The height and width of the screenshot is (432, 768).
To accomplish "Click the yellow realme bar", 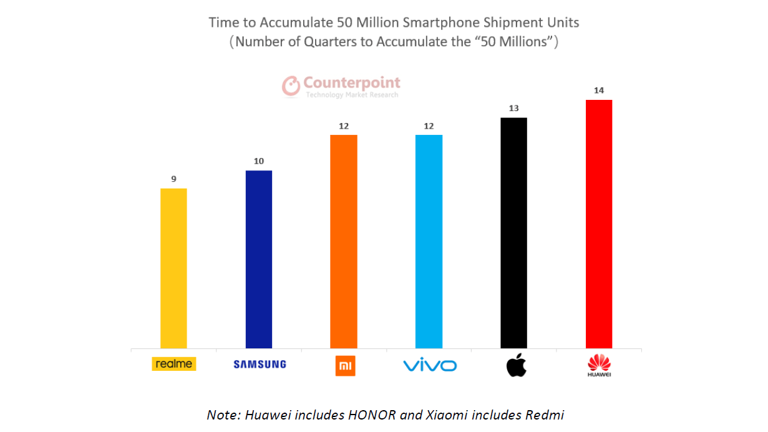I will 173,268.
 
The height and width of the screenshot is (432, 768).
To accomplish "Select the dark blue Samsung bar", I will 259,259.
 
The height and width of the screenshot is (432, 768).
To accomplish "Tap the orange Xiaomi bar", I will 344,242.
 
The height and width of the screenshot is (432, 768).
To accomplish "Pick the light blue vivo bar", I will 429,242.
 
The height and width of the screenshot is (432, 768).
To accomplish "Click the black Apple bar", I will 514,233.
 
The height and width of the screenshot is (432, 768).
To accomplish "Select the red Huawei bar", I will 599,224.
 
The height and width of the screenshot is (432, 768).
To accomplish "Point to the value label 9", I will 174,179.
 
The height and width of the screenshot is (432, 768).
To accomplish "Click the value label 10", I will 259,161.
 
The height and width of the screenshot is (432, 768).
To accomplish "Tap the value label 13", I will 514,108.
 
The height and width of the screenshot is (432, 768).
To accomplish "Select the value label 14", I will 599,91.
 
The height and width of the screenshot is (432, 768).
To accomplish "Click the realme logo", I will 174,364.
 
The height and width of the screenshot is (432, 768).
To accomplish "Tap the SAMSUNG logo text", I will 260,365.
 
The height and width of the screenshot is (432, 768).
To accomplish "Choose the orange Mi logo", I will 345,365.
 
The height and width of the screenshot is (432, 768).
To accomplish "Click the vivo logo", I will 430,365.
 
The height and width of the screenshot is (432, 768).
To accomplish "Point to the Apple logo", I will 515,365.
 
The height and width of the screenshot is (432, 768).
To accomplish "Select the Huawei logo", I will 600,365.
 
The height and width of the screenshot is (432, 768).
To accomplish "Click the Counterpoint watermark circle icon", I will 291,86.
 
